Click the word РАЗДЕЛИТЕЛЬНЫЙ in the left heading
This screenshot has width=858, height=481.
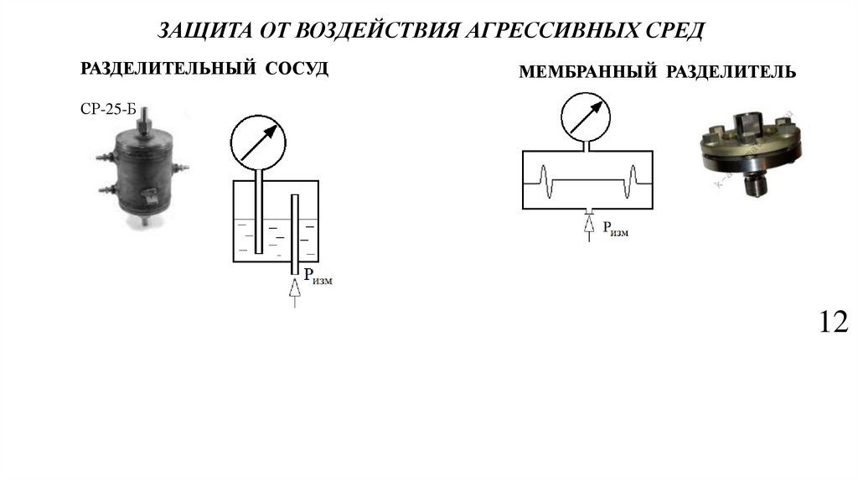168,69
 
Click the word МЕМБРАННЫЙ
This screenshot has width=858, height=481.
587,73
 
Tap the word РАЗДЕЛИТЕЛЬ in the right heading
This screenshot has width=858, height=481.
731,73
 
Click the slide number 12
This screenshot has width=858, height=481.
835,322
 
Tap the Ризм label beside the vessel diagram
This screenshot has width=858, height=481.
318,277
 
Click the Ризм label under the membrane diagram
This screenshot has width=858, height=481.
610,229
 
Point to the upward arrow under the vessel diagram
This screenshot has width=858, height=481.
294,292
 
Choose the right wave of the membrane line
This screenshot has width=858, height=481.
634,179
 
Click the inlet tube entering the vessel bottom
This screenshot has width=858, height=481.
294,235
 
